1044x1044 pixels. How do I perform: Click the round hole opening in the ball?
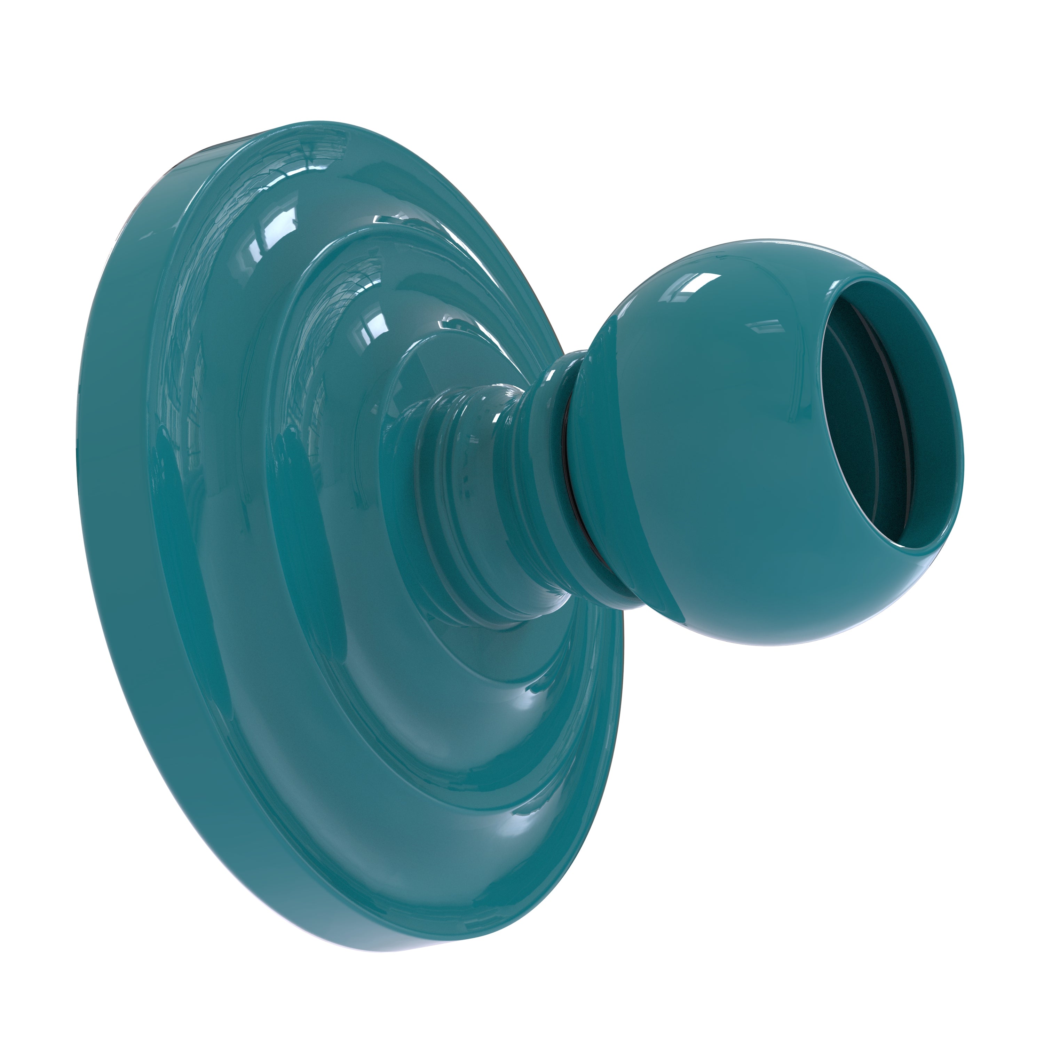(886, 432)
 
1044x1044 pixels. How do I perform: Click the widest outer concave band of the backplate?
(216, 594)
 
